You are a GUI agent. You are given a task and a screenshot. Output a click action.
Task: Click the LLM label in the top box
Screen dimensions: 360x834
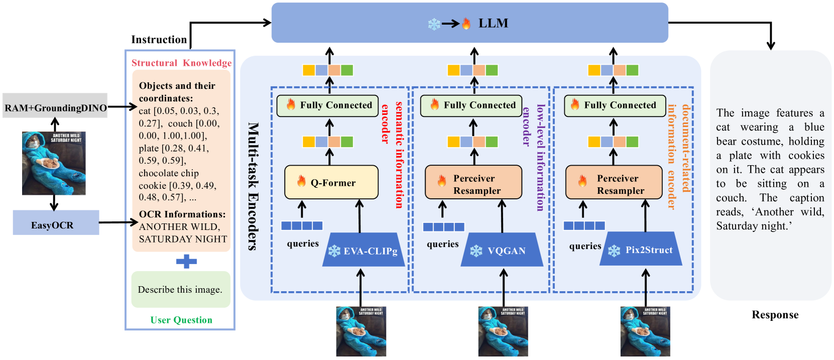point(493,23)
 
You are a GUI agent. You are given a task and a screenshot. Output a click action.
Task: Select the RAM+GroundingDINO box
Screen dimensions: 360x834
point(55,107)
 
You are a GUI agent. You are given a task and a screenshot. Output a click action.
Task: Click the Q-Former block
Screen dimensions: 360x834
point(331,183)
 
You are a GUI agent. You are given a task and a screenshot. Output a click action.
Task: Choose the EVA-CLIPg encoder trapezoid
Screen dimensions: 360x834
point(364,250)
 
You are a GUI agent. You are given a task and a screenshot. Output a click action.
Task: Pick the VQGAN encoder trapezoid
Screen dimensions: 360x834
point(502,250)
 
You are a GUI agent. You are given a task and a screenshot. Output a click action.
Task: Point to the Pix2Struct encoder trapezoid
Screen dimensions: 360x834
point(641,249)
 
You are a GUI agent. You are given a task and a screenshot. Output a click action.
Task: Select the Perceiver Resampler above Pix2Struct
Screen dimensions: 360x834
point(614,184)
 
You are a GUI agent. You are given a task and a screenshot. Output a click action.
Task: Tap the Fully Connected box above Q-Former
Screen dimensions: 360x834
point(329,105)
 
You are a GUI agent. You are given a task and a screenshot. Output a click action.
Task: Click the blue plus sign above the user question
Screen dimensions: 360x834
point(186,261)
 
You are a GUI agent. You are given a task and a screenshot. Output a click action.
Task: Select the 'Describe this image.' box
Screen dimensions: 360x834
point(181,290)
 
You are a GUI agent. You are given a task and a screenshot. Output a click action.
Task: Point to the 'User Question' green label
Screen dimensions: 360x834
point(181,320)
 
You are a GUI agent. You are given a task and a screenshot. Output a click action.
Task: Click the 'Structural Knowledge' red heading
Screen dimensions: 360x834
point(181,63)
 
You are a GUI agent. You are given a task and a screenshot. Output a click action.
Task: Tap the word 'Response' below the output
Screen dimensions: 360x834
point(775,315)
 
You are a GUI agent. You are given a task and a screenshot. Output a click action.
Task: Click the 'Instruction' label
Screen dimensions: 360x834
point(159,40)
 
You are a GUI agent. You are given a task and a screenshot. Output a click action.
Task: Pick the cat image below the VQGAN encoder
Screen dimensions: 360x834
point(503,331)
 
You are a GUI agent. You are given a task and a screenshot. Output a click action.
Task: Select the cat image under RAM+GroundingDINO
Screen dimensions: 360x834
point(54,163)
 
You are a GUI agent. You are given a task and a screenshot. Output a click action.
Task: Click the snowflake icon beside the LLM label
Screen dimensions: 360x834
point(434,24)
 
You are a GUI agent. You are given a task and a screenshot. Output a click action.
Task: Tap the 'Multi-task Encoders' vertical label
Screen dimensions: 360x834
point(253,186)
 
